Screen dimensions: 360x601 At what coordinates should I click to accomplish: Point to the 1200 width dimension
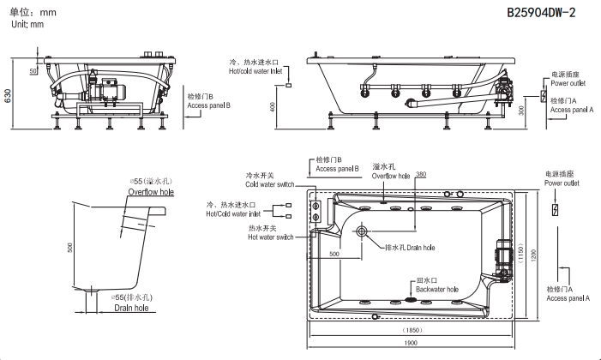(532, 255)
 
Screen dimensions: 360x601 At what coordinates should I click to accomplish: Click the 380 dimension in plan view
(420, 174)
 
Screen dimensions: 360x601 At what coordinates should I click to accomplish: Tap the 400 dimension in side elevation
(273, 105)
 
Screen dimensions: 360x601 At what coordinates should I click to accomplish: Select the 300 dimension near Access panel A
(520, 111)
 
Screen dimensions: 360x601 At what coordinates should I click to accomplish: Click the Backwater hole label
(437, 290)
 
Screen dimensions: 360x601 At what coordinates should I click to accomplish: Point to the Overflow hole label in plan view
(391, 175)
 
